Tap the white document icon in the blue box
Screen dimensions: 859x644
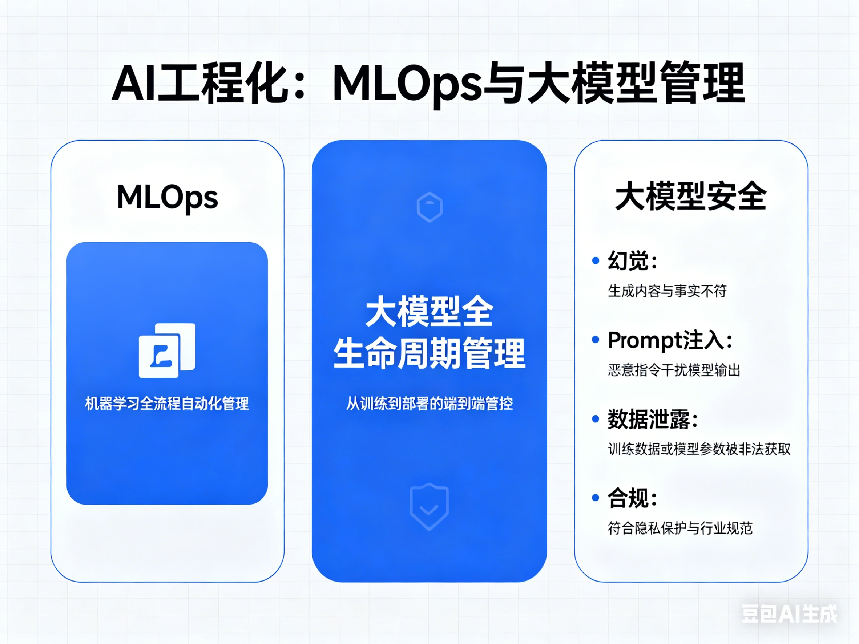coord(167,350)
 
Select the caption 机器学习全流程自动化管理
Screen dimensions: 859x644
coord(167,404)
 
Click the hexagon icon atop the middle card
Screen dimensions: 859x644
coord(429,207)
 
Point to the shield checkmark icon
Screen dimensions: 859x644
coord(429,506)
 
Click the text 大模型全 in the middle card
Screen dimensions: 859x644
coord(429,311)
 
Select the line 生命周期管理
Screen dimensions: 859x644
coord(429,353)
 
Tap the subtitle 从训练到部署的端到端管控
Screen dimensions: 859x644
coord(429,404)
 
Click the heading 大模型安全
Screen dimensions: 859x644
coord(691,197)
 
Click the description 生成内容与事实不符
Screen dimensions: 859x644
coord(667,291)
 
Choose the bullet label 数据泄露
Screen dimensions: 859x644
coord(648,419)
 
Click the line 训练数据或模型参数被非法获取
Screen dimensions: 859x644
coord(699,449)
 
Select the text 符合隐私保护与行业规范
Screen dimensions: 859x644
coord(680,528)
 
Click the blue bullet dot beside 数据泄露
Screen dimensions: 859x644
coord(595,419)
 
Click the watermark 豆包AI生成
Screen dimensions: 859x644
coord(789,614)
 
